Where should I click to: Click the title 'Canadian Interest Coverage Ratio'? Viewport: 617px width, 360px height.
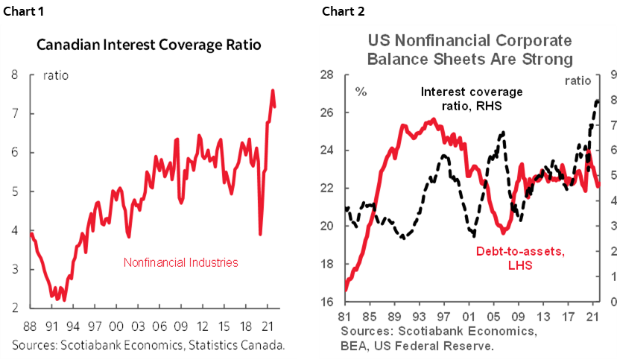coord(150,44)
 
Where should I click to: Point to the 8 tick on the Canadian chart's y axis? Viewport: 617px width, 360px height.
coord(14,75)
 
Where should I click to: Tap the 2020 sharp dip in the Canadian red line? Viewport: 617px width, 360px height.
coord(260,234)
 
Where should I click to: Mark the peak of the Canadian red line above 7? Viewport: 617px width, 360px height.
coord(273,91)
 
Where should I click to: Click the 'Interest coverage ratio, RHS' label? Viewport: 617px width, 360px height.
coord(472,98)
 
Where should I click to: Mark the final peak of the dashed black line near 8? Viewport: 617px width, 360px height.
coord(598,101)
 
